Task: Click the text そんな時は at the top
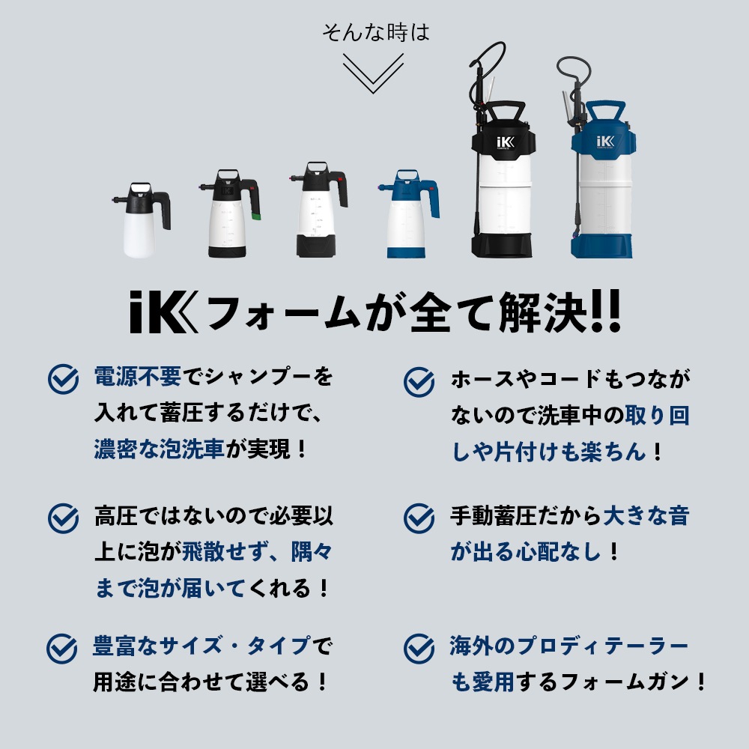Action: [x=375, y=33]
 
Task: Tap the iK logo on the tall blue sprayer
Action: [x=604, y=140]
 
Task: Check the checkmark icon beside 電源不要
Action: [x=64, y=380]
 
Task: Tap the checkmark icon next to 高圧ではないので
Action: [x=64, y=518]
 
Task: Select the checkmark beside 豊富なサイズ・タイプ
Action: [x=64, y=648]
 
